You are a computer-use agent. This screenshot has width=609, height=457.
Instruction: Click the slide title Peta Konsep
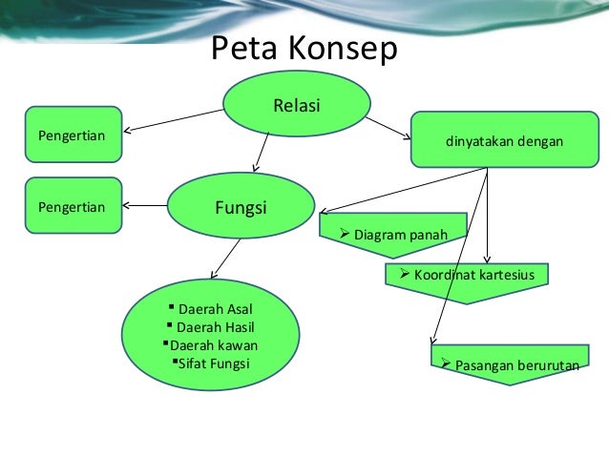[x=303, y=49]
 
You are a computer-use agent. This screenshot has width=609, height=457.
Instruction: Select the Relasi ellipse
[x=297, y=104]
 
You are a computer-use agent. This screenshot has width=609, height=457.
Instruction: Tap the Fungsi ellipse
[x=241, y=206]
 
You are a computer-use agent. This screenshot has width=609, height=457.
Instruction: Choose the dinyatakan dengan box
[x=503, y=141]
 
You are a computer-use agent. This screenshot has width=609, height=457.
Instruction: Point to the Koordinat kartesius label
[x=473, y=276]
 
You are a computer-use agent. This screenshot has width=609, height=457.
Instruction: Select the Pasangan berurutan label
[x=510, y=364]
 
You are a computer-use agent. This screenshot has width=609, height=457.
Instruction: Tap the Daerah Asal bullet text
[x=216, y=308]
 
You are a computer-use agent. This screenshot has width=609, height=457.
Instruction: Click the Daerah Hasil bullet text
[x=216, y=326]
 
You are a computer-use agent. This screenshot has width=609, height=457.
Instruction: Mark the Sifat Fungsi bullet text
[x=214, y=363]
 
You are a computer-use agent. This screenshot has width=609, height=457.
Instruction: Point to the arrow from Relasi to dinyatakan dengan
[x=388, y=125]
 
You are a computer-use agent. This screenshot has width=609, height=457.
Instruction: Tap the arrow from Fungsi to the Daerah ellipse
[x=225, y=258]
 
